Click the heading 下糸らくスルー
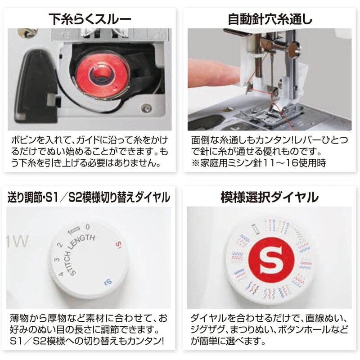pos(90,19)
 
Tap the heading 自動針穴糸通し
pos(270,19)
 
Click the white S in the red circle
pos(271,260)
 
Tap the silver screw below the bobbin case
pos(145,108)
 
